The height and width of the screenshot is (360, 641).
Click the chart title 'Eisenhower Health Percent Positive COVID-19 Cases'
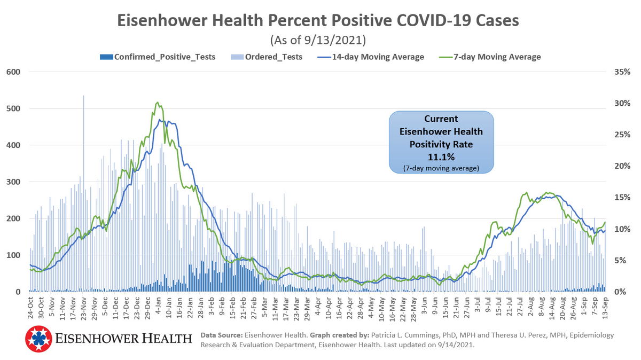point(318,20)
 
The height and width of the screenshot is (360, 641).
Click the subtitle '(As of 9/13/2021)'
point(318,40)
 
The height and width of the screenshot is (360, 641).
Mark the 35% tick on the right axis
point(622,72)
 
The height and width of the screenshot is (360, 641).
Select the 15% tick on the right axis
point(622,198)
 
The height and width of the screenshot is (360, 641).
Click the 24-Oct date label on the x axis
point(32,309)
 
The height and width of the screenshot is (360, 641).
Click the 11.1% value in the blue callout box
point(441,156)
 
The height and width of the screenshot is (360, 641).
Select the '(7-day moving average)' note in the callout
point(441,168)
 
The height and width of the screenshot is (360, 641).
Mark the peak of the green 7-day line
point(157,103)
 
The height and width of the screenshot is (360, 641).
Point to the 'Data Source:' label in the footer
point(221,335)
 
